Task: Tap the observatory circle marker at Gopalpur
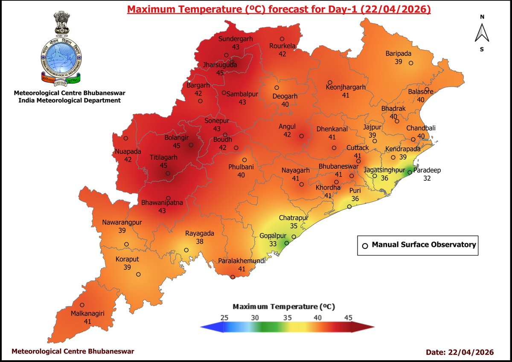click(287, 243)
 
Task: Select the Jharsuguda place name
click(220, 65)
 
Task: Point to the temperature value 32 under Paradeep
click(427, 179)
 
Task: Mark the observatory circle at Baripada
click(411, 63)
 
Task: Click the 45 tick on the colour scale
click(348, 317)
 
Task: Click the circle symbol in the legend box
click(365, 246)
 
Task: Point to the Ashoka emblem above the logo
click(60, 23)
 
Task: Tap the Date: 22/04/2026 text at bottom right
click(460, 352)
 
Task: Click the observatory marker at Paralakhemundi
click(233, 277)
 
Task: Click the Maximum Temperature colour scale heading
click(283, 307)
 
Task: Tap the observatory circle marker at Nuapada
click(126, 138)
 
